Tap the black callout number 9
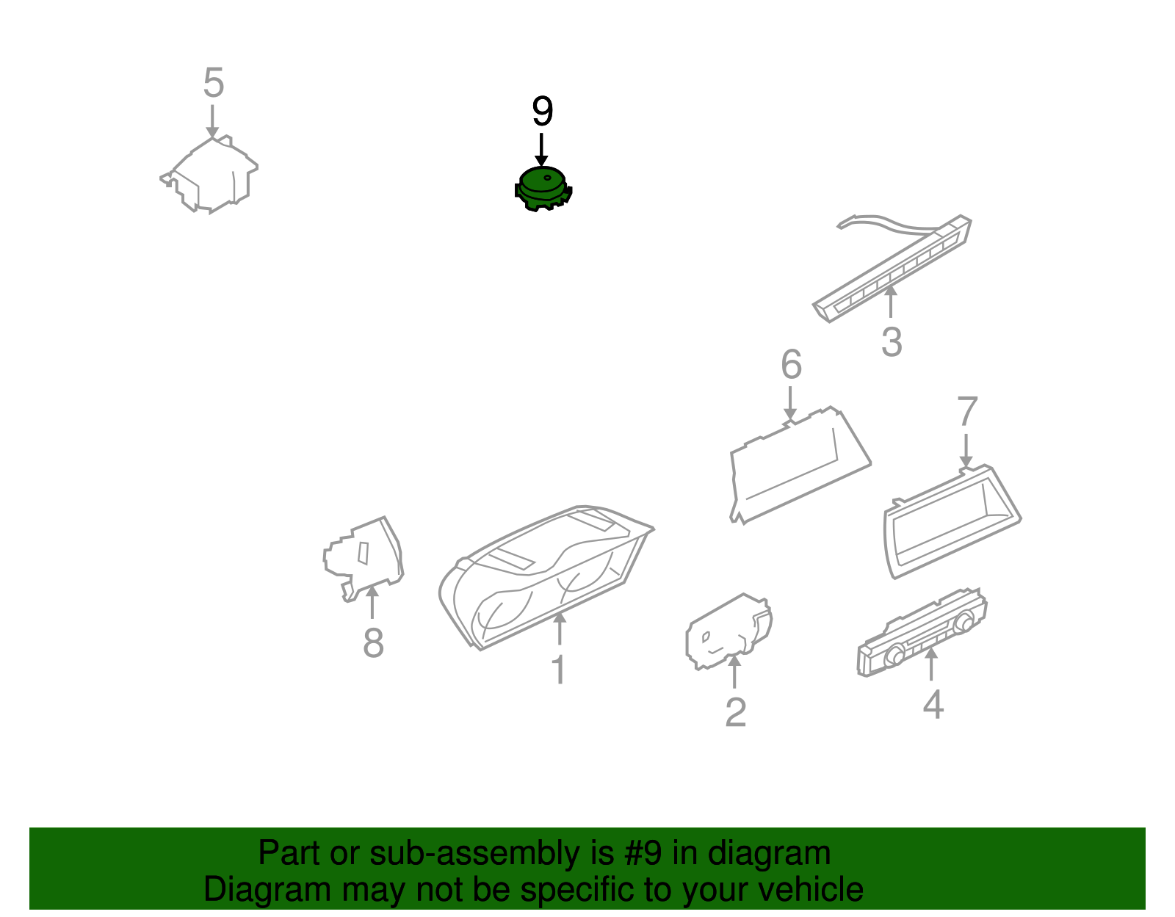click(543, 112)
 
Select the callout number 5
click(214, 83)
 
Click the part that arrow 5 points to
click(211, 175)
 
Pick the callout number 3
click(892, 342)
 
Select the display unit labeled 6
click(800, 465)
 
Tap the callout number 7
click(967, 411)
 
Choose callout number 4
click(933, 704)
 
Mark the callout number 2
click(735, 713)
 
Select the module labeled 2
click(729, 631)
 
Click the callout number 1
click(559, 670)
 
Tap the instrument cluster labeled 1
click(546, 578)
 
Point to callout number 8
click(373, 643)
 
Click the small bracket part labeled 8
click(364, 559)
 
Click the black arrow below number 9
click(541, 150)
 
